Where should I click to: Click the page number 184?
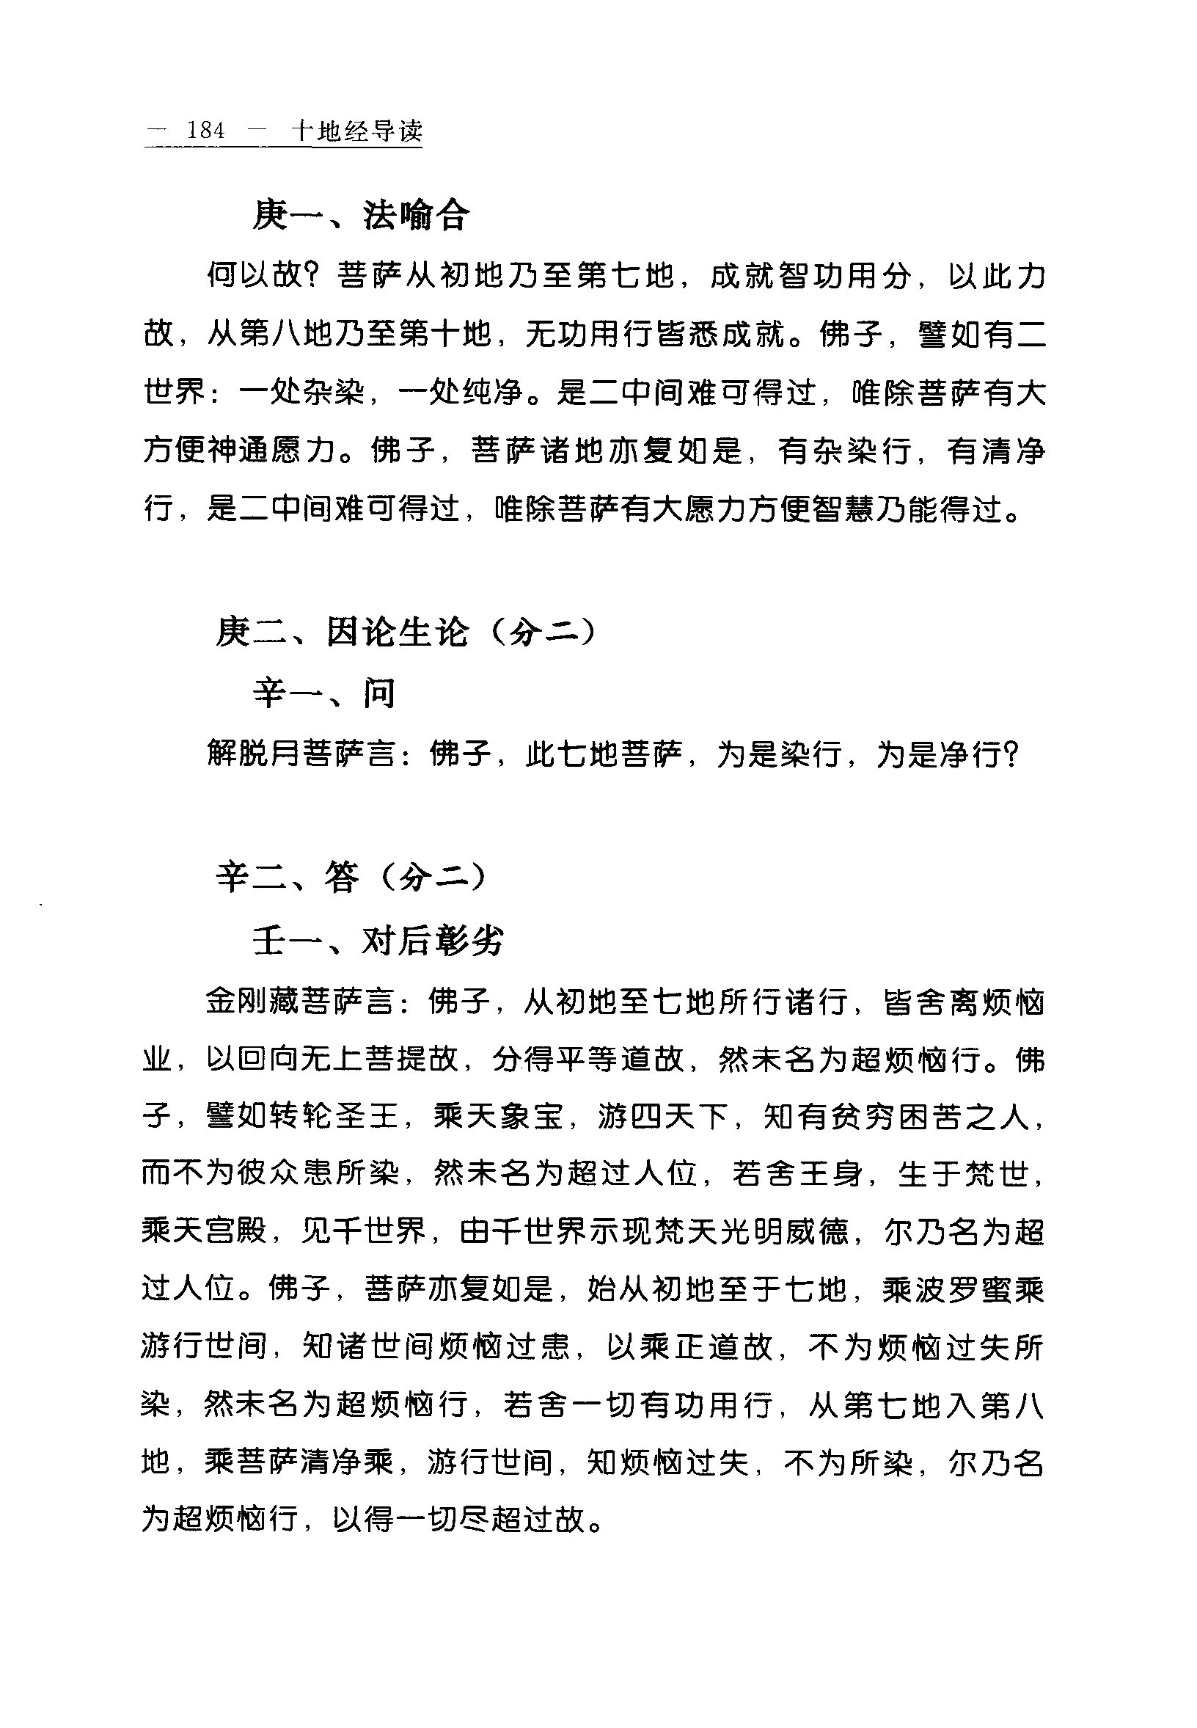tap(205, 131)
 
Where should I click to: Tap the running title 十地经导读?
tap(356, 131)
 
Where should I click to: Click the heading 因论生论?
tap(398, 632)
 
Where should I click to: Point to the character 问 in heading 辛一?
tap(378, 692)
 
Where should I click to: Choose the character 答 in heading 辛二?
tap(342, 875)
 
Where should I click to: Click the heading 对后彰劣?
tap(433, 939)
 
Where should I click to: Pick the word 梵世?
tap(995, 1174)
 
